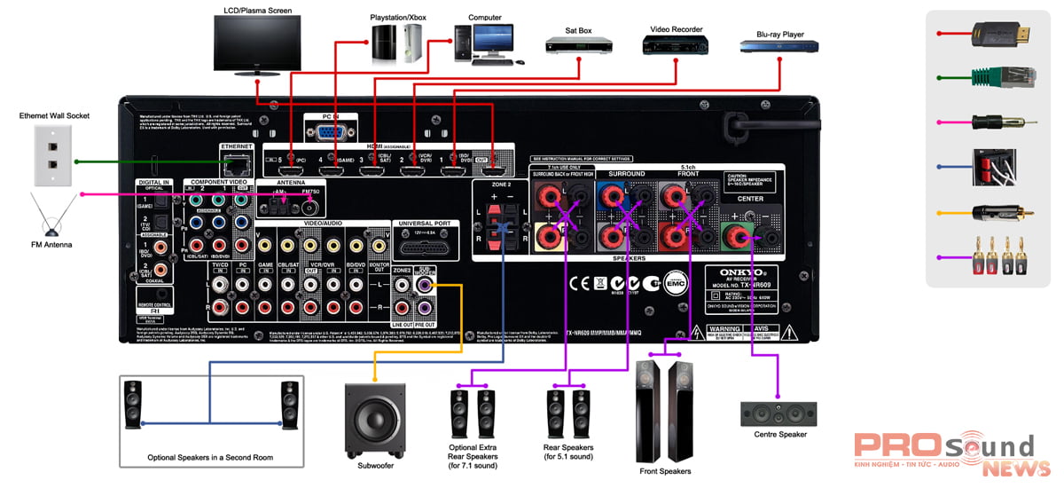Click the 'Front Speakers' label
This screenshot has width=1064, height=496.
pos(665,471)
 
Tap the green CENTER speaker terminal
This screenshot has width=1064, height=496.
pos(735,235)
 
